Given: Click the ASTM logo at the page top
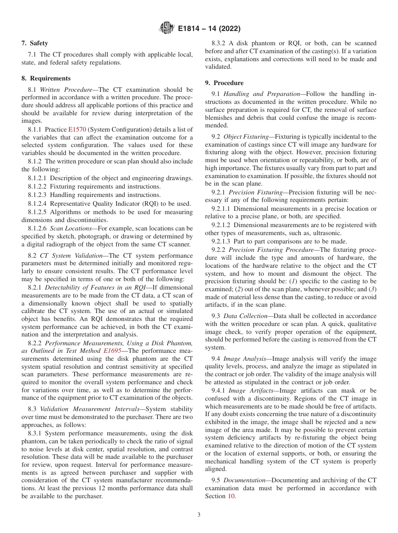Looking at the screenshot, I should tap(167, 29).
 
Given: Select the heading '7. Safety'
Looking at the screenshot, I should tap(34, 43).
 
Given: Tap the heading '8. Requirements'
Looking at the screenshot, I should tap(46, 78).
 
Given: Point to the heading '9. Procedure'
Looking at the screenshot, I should tap(224, 83).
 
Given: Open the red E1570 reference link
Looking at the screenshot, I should tap(76, 130).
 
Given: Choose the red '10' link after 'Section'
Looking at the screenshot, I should tap(231, 497).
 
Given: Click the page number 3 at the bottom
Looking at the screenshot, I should tap(199, 515).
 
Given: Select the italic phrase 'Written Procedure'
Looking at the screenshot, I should tap(66, 90).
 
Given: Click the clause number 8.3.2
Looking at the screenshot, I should tap(221, 43).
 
